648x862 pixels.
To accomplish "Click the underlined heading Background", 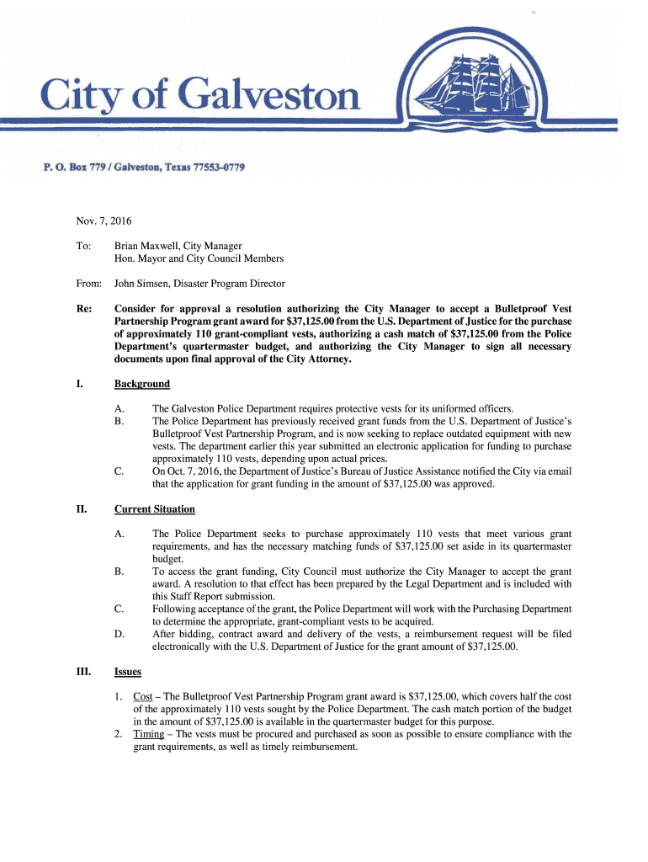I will [x=142, y=384].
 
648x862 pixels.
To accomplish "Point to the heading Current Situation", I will [x=155, y=509].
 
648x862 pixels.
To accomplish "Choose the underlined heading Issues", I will [x=128, y=673].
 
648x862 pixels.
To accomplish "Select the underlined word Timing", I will [x=149, y=734].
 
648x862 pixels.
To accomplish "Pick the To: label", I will [x=82, y=245].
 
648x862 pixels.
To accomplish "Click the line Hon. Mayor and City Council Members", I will [x=199, y=258].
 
